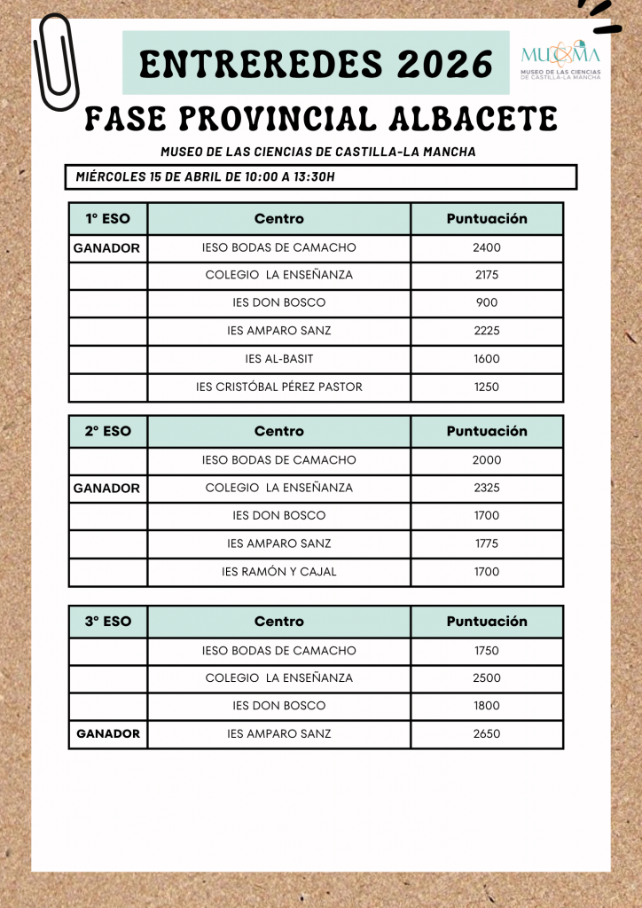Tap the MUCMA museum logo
(560, 60)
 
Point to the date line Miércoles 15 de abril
(206, 176)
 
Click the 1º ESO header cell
(108, 218)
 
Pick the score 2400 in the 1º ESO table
(487, 247)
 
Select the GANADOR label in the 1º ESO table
(106, 248)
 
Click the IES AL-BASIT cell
(279, 359)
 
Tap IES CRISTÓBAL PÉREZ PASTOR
(279, 387)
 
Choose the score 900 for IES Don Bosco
(487, 302)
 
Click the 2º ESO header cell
(108, 431)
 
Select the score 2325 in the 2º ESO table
(487, 488)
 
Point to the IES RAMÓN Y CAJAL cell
(279, 572)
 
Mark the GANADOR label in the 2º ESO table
(106, 489)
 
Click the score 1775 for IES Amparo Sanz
(487, 544)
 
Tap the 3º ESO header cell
(108, 622)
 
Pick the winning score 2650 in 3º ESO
(487, 733)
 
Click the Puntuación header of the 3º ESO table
(487, 622)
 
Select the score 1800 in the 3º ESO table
(487, 706)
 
